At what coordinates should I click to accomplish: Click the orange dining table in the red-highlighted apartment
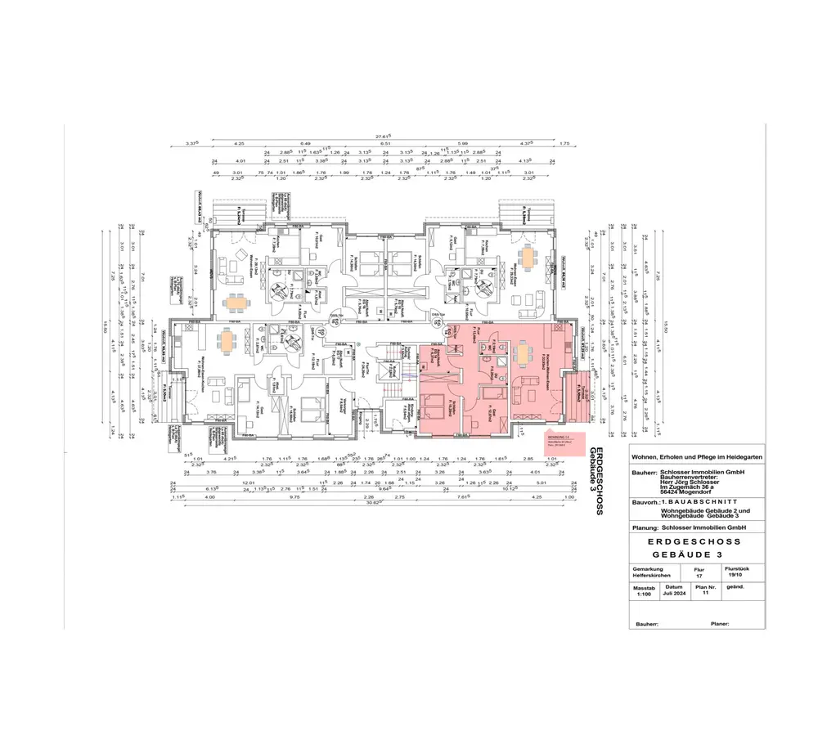pyautogui.click(x=523, y=352)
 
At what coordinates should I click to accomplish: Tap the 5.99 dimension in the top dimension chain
pyautogui.click(x=463, y=144)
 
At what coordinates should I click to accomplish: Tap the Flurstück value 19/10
pyautogui.click(x=738, y=575)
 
